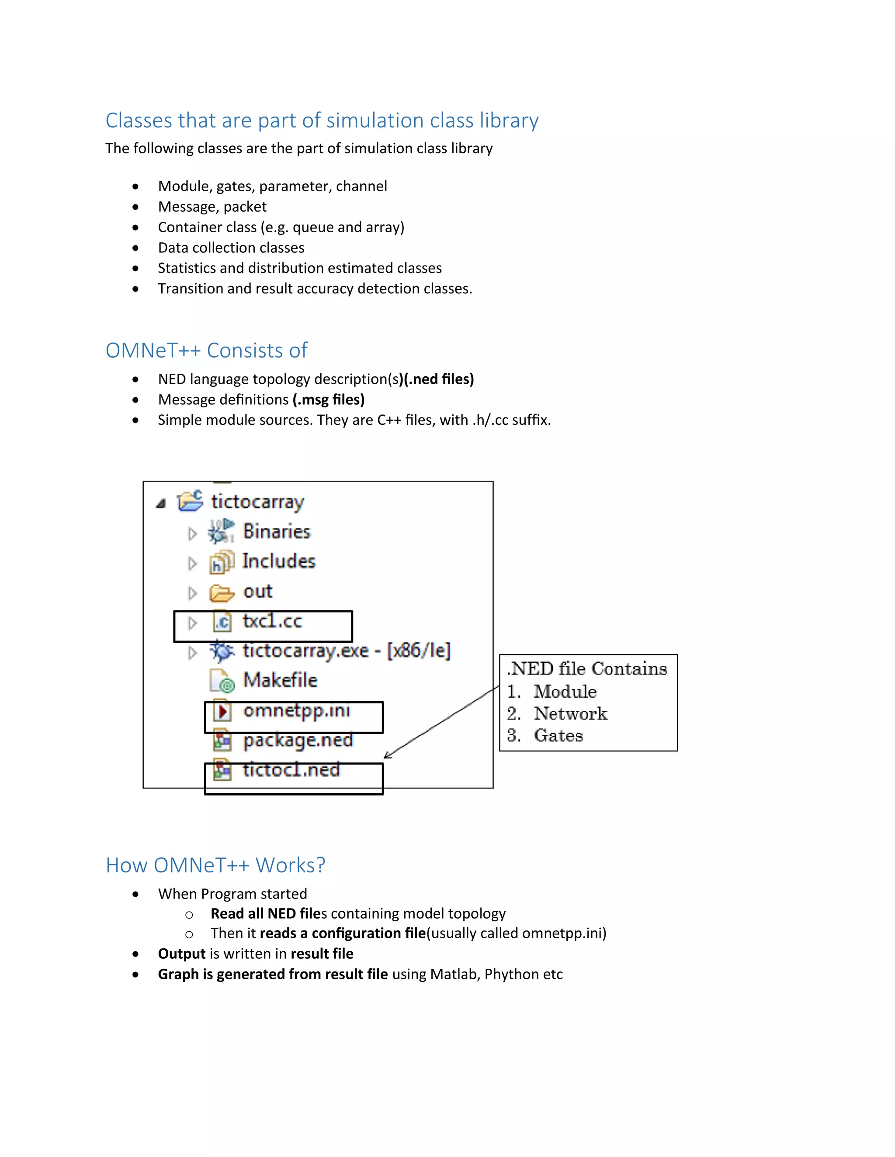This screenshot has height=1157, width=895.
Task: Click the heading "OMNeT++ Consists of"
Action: [x=206, y=351]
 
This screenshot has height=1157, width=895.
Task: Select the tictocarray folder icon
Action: [x=190, y=501]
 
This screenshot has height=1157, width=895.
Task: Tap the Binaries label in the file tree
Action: [x=276, y=531]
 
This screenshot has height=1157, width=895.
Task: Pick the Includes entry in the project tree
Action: [x=278, y=561]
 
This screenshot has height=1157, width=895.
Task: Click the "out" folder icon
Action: [x=221, y=593]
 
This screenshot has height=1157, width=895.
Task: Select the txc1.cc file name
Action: [x=272, y=621]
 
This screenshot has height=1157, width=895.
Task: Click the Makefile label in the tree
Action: [x=280, y=680]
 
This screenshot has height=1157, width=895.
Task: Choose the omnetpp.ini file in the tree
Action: [x=296, y=711]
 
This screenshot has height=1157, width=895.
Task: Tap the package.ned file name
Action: [x=298, y=740]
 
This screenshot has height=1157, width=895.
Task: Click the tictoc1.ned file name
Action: [x=291, y=770]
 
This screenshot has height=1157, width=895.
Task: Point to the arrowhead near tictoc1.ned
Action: [x=387, y=756]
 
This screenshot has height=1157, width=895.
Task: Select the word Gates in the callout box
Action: [x=559, y=736]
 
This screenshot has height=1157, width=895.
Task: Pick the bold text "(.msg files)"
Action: [x=328, y=399]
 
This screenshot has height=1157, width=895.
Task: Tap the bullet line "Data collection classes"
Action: [x=231, y=248]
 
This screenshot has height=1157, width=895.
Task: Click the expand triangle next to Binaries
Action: [x=192, y=534]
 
